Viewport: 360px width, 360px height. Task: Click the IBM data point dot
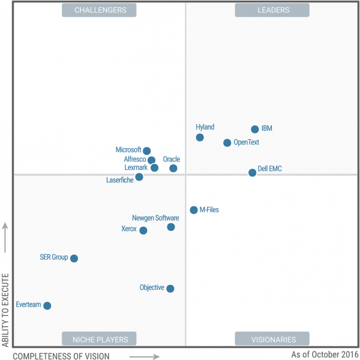tap(255, 129)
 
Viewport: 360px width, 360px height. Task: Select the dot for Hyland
tap(200, 137)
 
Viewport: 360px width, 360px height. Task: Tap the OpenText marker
tap(227, 143)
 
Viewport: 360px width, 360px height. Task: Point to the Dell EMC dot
tap(253, 173)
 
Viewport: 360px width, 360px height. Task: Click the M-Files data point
tap(194, 210)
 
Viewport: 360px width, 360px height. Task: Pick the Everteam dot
tap(47, 306)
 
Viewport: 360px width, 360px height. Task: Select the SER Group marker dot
tap(74, 259)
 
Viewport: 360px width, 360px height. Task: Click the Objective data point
tap(170, 289)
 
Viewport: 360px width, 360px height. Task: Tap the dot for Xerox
tap(143, 230)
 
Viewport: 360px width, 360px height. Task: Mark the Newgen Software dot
tap(171, 227)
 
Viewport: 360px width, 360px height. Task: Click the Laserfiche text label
tap(120, 180)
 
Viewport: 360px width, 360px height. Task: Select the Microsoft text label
tap(128, 150)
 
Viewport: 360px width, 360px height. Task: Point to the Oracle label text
tap(172, 160)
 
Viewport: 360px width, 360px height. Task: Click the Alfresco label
tap(134, 160)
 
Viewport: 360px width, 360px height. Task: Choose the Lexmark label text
tap(136, 168)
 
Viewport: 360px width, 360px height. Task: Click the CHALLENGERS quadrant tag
tap(99, 10)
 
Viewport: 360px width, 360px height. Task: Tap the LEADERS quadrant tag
tap(272, 10)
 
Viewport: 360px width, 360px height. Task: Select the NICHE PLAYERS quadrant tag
tap(100, 340)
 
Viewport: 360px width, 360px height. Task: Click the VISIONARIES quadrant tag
tap(272, 340)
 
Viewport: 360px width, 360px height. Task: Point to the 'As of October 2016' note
tap(324, 355)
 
